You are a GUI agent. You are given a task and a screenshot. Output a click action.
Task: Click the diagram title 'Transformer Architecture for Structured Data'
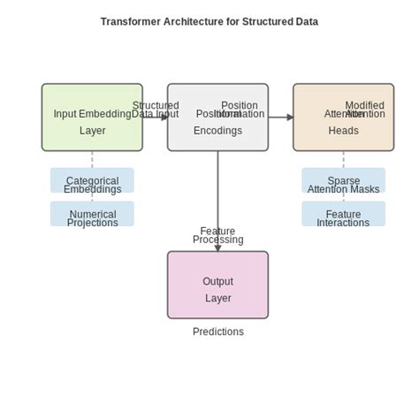(x=209, y=21)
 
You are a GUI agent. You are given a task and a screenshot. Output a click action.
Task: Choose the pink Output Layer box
(x=217, y=285)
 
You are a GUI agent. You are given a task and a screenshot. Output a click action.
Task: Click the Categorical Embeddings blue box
(x=92, y=180)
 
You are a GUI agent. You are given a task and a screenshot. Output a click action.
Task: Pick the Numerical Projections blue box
(x=92, y=214)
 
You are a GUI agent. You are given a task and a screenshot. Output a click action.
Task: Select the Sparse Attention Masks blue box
(x=343, y=180)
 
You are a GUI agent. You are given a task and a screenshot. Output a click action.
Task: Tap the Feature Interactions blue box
(x=343, y=214)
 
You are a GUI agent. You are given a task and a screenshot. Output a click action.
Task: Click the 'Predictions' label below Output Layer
(x=217, y=331)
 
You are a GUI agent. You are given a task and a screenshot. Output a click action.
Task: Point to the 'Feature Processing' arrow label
(x=217, y=235)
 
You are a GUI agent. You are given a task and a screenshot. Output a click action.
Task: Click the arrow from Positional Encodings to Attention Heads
(x=281, y=117)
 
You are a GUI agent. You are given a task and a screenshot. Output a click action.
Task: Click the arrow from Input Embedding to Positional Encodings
(x=156, y=117)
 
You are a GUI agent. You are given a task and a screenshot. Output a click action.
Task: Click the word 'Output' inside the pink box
(x=217, y=281)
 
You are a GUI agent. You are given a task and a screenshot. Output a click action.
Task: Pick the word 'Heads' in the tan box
(x=343, y=131)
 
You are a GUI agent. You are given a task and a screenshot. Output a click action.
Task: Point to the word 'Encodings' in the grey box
(x=217, y=131)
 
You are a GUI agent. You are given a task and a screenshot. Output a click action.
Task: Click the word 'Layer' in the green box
(x=92, y=131)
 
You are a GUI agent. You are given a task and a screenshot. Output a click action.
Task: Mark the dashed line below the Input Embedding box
(x=92, y=159)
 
